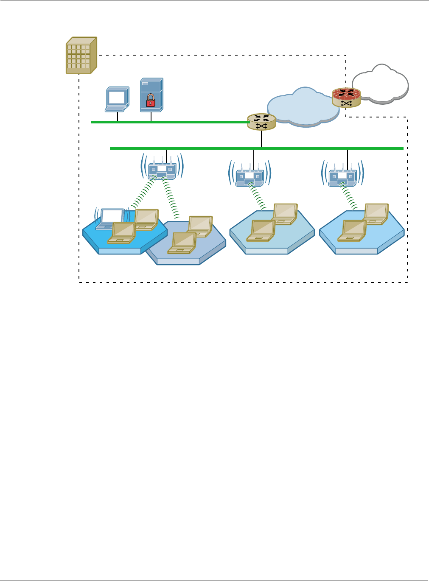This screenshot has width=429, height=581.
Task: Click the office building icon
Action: [x=81, y=56]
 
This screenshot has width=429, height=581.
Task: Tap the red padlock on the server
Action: [x=151, y=101]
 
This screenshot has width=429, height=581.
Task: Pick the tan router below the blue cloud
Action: [x=261, y=122]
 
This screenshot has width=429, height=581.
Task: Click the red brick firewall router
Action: [x=346, y=97]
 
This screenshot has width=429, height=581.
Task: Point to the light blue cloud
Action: [x=303, y=106]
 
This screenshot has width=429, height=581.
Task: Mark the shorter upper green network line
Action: [x=170, y=122]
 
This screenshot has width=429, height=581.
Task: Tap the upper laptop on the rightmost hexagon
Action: [x=376, y=213]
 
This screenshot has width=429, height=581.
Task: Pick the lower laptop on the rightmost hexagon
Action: [x=353, y=230]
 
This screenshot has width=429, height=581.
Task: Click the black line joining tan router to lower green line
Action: [x=261, y=139]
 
